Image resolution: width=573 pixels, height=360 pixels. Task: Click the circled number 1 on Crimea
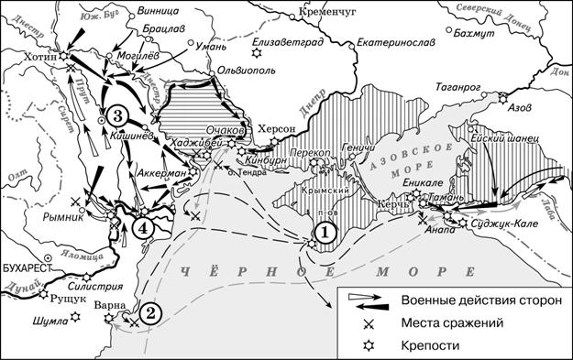coord(325,234)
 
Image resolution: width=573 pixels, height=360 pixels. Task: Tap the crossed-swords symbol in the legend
coord(369,323)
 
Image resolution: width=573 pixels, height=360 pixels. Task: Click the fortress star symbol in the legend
coord(369,344)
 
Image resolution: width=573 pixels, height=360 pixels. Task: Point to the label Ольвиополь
coord(241,70)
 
